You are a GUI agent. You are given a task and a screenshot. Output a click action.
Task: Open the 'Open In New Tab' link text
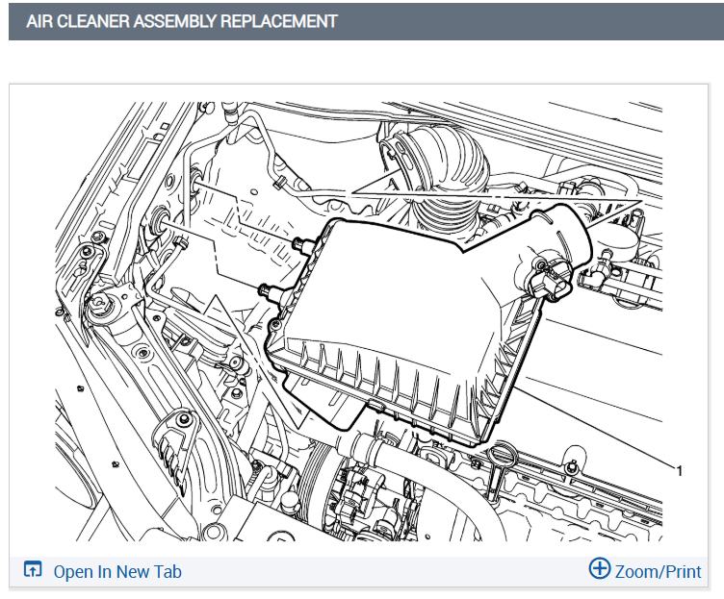coord(117,572)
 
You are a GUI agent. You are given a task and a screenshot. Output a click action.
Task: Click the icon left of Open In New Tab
coord(33,569)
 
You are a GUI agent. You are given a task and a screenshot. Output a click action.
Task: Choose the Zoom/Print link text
coord(658,572)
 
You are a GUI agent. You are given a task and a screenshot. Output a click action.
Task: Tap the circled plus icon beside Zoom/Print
coord(600,568)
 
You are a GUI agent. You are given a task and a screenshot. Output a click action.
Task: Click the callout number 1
coord(679,471)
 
